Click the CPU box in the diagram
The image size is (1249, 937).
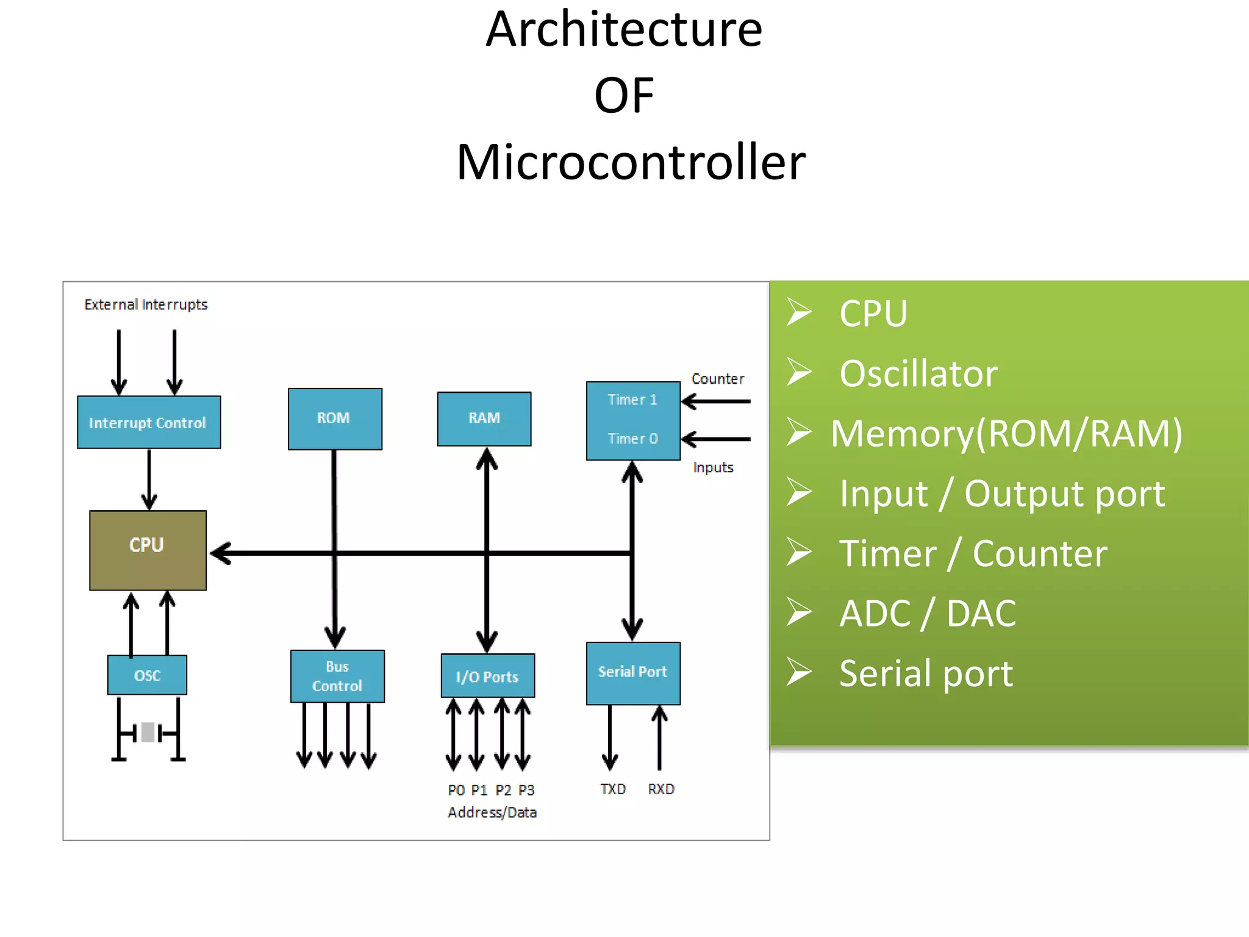(148, 550)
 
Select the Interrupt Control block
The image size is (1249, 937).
(149, 422)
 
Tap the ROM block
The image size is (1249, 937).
(335, 418)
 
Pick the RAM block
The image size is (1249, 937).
(484, 418)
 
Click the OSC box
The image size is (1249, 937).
(147, 675)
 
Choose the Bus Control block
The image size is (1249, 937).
(337, 676)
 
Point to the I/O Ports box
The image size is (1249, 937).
(487, 676)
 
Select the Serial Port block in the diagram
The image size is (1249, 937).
(633, 673)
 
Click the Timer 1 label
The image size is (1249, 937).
(632, 400)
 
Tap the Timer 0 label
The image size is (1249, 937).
(632, 439)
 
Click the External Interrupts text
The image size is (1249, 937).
(146, 304)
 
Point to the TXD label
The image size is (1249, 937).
(613, 789)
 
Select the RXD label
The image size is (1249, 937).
(661, 789)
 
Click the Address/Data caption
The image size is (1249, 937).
(492, 813)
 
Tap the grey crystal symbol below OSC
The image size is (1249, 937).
(148, 731)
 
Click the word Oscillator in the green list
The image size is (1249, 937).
(918, 373)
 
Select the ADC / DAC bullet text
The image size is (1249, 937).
(927, 613)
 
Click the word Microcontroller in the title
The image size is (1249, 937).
(631, 162)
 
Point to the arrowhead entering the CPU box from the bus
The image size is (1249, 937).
(220, 553)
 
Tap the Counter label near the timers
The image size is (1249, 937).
(718, 379)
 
